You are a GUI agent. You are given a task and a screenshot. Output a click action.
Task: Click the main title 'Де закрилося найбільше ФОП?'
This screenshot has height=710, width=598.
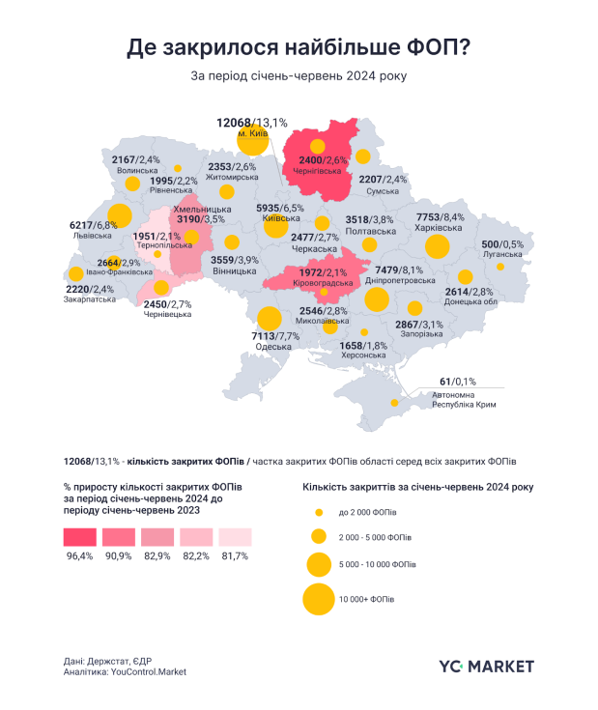coord(299,48)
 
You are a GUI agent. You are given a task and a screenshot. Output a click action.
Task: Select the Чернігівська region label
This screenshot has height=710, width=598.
coord(322,171)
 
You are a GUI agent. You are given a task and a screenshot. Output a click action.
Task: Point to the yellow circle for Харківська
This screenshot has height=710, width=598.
coord(438,247)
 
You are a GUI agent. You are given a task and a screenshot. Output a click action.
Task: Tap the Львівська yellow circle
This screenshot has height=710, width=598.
coord(120,216)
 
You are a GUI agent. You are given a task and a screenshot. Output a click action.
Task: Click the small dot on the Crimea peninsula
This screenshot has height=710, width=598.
coord(393,403)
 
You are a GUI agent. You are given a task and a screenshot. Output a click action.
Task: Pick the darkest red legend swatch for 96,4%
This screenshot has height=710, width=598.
coord(79,537)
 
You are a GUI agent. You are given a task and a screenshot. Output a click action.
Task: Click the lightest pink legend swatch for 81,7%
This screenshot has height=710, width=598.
coord(235,537)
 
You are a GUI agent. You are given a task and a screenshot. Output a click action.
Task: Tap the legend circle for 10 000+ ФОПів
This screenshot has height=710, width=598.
coord(318,599)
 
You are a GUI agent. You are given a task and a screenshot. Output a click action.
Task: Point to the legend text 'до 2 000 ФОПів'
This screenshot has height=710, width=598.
coord(367,511)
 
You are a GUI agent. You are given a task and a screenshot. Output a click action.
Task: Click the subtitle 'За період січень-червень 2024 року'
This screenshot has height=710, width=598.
coord(299,76)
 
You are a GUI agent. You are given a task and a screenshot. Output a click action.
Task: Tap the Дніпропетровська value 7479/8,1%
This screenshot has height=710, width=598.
coord(399,270)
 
